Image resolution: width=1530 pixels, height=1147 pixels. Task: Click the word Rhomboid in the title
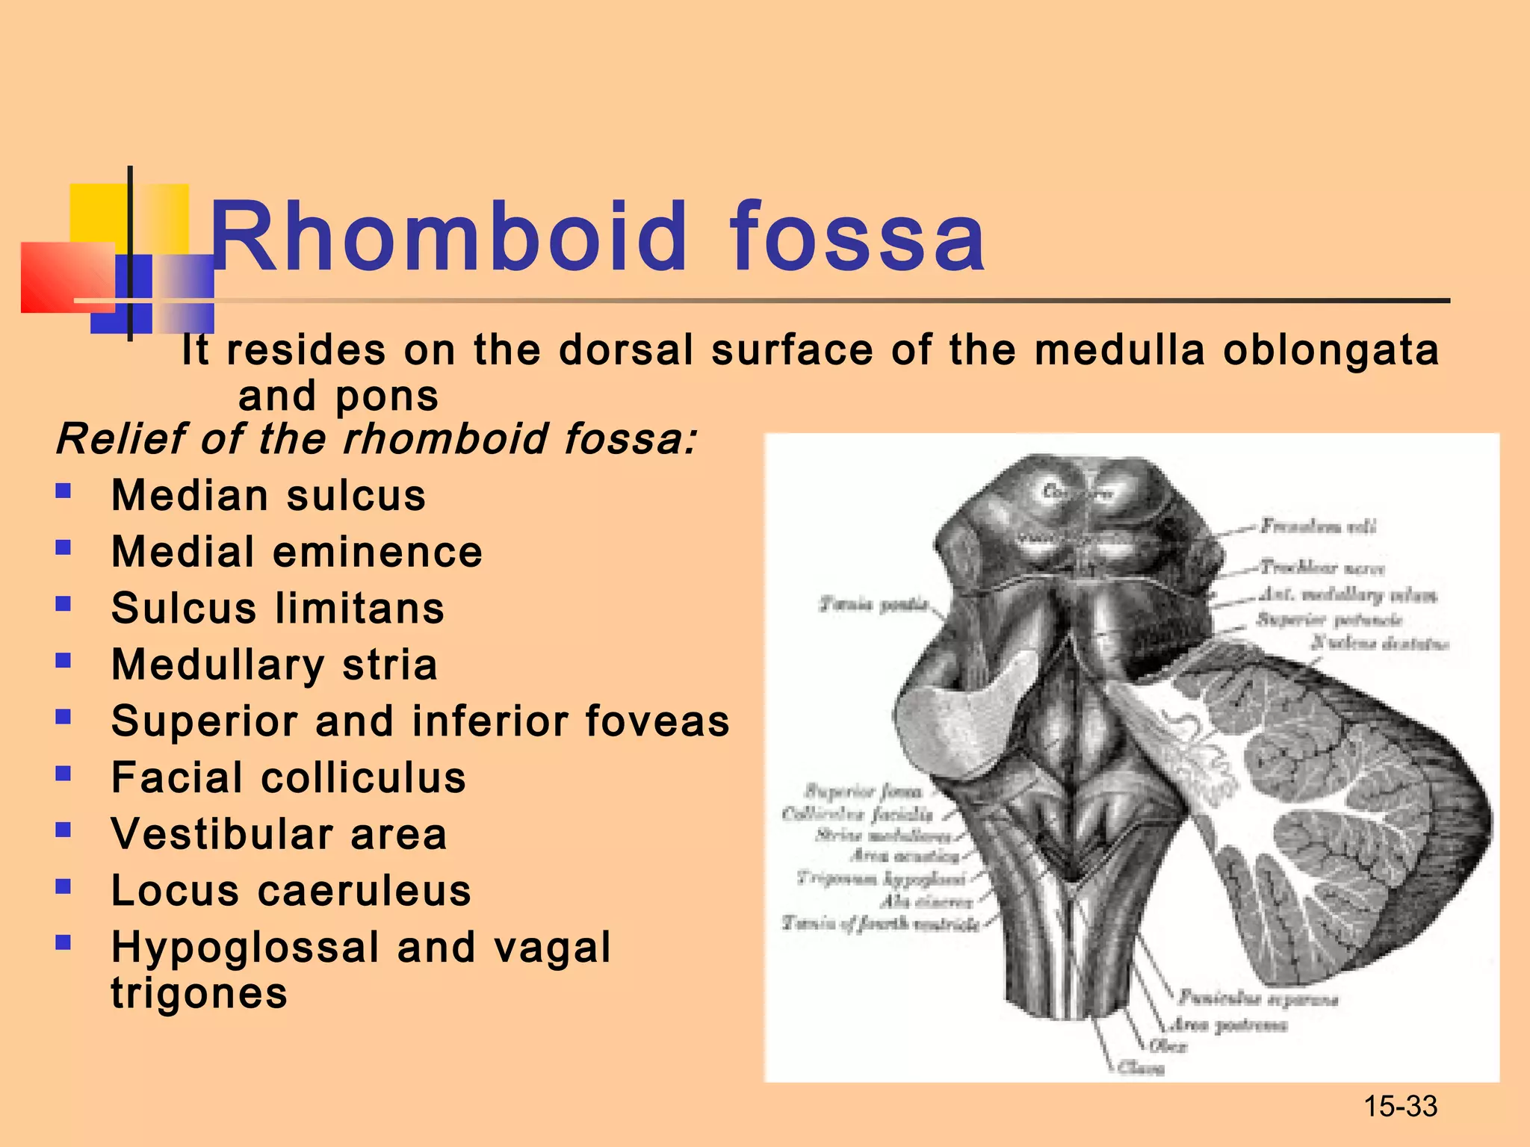click(448, 237)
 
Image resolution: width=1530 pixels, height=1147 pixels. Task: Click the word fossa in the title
click(858, 237)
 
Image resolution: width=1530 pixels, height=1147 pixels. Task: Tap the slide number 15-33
click(1400, 1106)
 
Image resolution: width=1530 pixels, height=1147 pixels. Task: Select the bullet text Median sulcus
click(269, 495)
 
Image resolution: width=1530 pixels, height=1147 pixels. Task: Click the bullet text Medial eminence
click(297, 552)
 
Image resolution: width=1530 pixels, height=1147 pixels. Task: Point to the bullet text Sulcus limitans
click(278, 608)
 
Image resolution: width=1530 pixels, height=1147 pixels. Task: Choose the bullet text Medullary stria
click(274, 665)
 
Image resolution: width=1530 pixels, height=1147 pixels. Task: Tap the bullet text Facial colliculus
click(288, 777)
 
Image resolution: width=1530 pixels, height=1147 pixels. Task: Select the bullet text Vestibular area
click(279, 834)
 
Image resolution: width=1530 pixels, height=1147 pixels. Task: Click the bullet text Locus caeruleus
click(291, 891)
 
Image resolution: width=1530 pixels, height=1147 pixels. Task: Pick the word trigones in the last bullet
click(199, 993)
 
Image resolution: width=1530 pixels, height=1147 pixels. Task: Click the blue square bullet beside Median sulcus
click(64, 491)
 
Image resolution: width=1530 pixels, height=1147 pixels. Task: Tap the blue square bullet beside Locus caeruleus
click(64, 886)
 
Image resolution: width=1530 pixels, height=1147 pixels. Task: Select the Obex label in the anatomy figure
click(1168, 1046)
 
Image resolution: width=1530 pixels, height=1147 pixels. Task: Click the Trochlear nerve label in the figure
click(1322, 568)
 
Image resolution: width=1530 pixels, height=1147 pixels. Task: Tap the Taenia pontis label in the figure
click(874, 603)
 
